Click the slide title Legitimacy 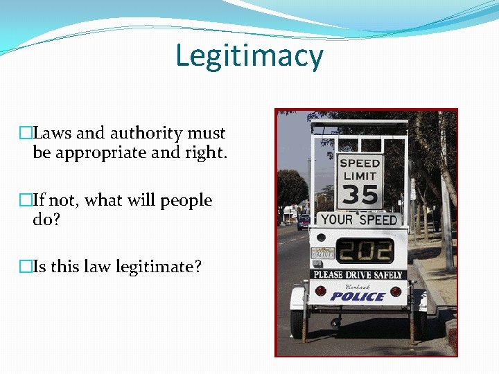click(249, 56)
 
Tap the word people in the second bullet click(186, 201)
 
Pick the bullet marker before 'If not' click(26, 201)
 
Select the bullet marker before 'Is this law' click(26, 267)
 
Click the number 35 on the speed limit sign click(360, 194)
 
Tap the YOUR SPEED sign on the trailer click(359, 220)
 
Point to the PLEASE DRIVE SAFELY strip click(358, 275)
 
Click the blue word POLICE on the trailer click(358, 296)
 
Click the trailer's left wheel click(297, 323)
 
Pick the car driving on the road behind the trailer click(304, 222)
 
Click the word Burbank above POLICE click(358, 285)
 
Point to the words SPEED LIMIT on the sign click(360, 170)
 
